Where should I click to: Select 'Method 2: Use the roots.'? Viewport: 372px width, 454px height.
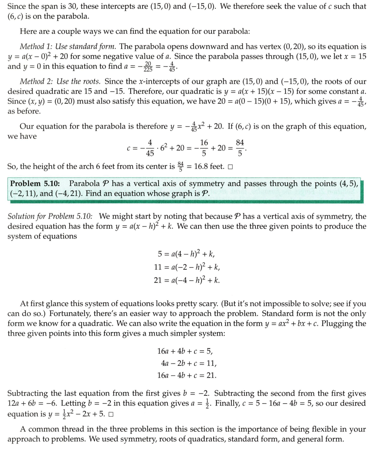click(60, 81)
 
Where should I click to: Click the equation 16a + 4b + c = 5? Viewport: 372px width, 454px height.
click(185, 352)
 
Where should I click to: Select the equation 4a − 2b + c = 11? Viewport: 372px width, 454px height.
click(189, 364)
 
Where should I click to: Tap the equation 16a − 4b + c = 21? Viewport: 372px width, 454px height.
click(187, 375)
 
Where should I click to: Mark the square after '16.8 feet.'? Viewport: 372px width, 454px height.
click(231, 167)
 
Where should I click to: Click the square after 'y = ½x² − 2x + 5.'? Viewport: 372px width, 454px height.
click(111, 414)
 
